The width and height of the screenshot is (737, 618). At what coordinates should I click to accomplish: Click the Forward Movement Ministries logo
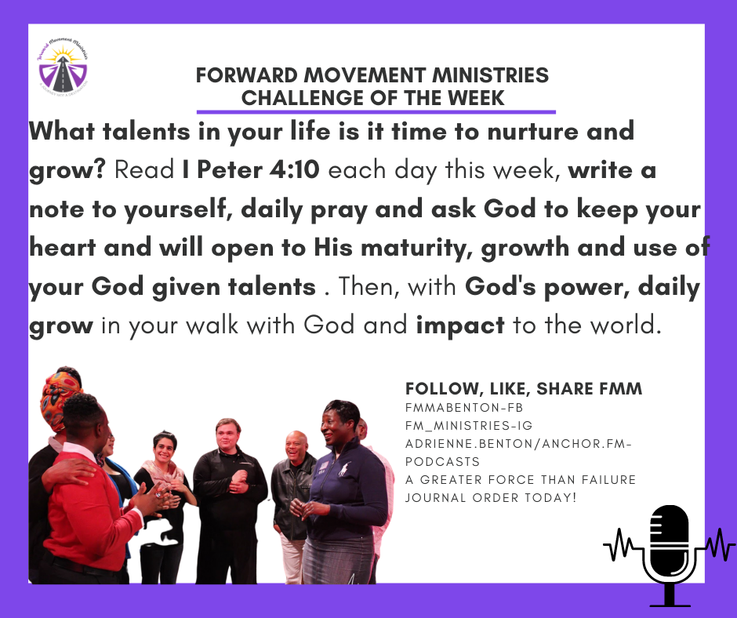(63, 67)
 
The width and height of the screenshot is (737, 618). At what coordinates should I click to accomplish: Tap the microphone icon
(670, 555)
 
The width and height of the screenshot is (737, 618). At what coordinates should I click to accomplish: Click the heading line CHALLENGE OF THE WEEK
(372, 98)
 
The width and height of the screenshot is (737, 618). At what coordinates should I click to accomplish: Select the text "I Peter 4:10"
(251, 169)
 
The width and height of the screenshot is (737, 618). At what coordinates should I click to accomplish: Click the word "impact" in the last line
(460, 325)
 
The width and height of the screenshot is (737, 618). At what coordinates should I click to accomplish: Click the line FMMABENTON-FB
(464, 407)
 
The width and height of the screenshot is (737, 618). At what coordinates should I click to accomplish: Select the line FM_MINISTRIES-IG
(469, 426)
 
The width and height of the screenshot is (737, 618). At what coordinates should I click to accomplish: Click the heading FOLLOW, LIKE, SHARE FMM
(524, 389)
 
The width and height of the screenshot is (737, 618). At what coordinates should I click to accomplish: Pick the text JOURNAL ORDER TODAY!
(491, 497)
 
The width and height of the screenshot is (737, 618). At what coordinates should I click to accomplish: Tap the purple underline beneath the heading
(376, 112)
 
